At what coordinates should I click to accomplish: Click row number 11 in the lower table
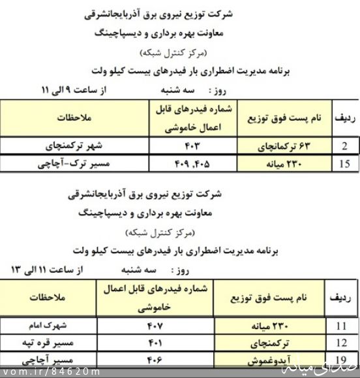pos(341,326)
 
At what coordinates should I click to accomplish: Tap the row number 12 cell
pos(341,343)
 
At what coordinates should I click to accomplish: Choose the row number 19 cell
pos(341,359)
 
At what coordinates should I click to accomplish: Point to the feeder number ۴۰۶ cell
pos(155,359)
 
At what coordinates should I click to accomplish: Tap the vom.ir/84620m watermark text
pos(51,372)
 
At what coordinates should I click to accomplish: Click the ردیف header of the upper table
pos(344,118)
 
